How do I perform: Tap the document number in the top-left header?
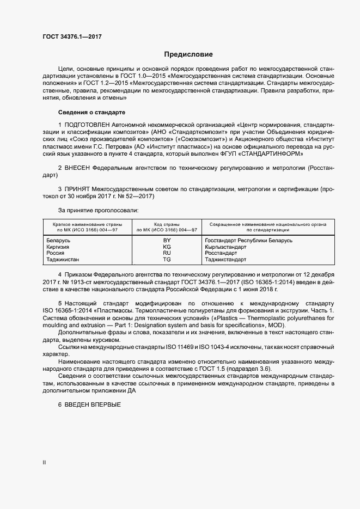coord(72,36)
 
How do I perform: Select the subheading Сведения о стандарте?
coord(91,112)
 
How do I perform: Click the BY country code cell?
coord(167,240)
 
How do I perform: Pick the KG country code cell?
coord(167,247)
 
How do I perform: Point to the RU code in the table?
coord(167,253)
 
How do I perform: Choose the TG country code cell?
coord(167,260)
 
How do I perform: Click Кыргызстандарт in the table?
coord(225,247)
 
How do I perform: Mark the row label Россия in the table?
coord(56,253)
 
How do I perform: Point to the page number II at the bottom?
coord(45,462)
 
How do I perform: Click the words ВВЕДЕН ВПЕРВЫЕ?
coord(92,404)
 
